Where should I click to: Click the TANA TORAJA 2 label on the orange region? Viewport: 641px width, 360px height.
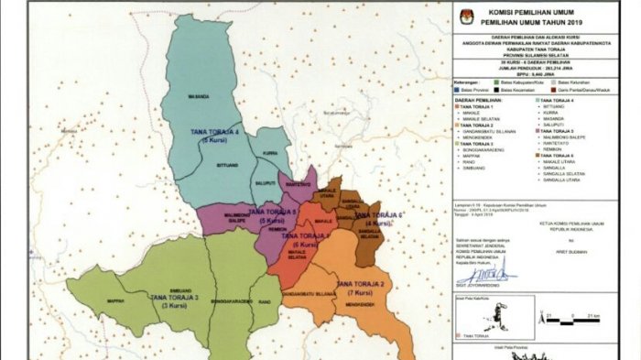363,285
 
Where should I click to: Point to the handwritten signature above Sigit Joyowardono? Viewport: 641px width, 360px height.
482,273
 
